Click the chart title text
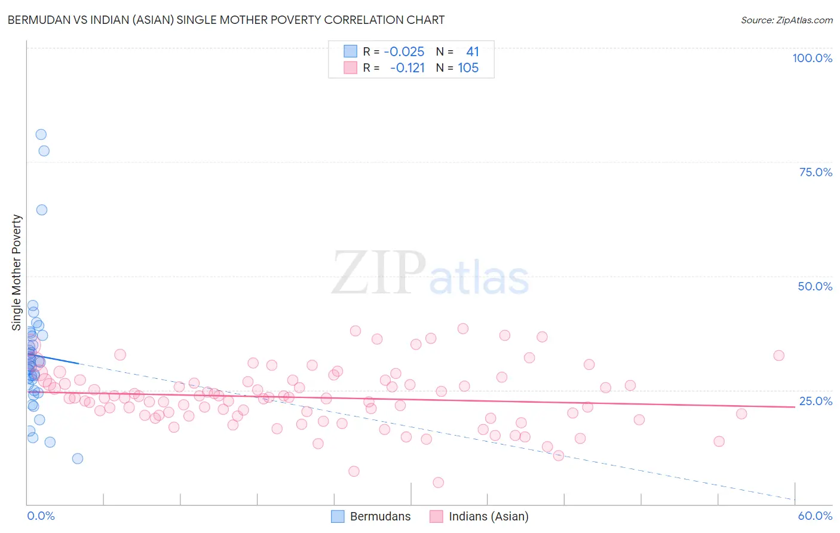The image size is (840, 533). coord(226,20)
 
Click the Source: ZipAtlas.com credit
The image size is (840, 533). coord(786,20)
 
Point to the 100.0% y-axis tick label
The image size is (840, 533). coord(812,58)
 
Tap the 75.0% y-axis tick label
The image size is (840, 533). coord(816,172)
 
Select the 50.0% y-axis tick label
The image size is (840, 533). coord(815,286)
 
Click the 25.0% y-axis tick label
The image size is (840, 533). coord(816,401)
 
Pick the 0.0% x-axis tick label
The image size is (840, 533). coord(41,516)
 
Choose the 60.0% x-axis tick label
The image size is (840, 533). coord(815,516)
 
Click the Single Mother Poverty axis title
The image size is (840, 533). coord(17,272)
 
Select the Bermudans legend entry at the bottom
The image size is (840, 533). coord(372,516)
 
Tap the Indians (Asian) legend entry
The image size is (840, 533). coord(479,516)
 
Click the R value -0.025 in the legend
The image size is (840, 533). coord(404,52)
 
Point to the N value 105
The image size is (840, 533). coord(468,68)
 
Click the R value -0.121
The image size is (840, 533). coord(407,68)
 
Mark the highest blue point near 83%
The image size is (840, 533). coord(41,134)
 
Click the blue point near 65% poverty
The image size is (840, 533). coord(42,210)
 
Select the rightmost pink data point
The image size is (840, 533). coord(778,356)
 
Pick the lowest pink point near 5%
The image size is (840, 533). coord(438,482)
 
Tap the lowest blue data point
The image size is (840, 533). coord(78,458)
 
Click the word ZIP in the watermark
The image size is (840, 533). coord(379,273)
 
